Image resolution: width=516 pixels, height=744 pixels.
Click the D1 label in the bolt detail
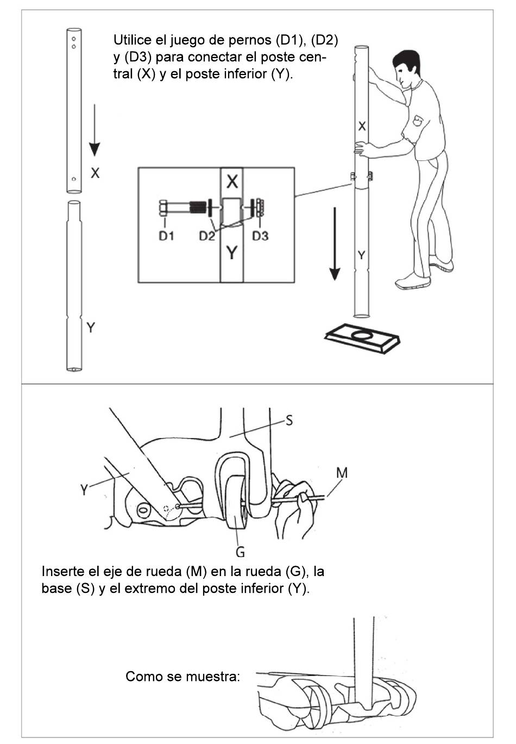(166, 236)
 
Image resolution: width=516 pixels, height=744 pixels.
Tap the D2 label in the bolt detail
(207, 236)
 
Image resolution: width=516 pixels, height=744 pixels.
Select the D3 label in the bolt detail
(260, 236)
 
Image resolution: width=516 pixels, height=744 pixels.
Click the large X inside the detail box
(232, 182)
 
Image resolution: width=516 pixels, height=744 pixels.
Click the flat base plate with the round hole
(362, 338)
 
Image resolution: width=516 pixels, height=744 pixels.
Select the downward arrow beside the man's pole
(335, 244)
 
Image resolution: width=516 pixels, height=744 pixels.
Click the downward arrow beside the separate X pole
(95, 130)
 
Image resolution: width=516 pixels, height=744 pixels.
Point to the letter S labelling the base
(289, 421)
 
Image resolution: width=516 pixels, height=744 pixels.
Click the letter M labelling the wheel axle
(342, 473)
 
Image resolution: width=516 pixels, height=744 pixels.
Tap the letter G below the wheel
(240, 552)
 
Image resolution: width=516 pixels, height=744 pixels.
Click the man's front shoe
(413, 281)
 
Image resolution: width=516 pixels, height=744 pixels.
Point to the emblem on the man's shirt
(418, 120)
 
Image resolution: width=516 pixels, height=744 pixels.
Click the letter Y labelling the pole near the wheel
(84, 490)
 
